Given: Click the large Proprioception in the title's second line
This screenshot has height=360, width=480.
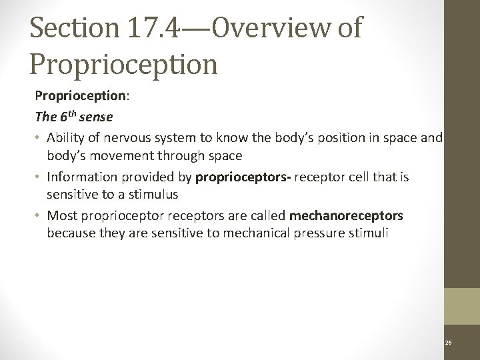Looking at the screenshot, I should pyautogui.click(x=124, y=64).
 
